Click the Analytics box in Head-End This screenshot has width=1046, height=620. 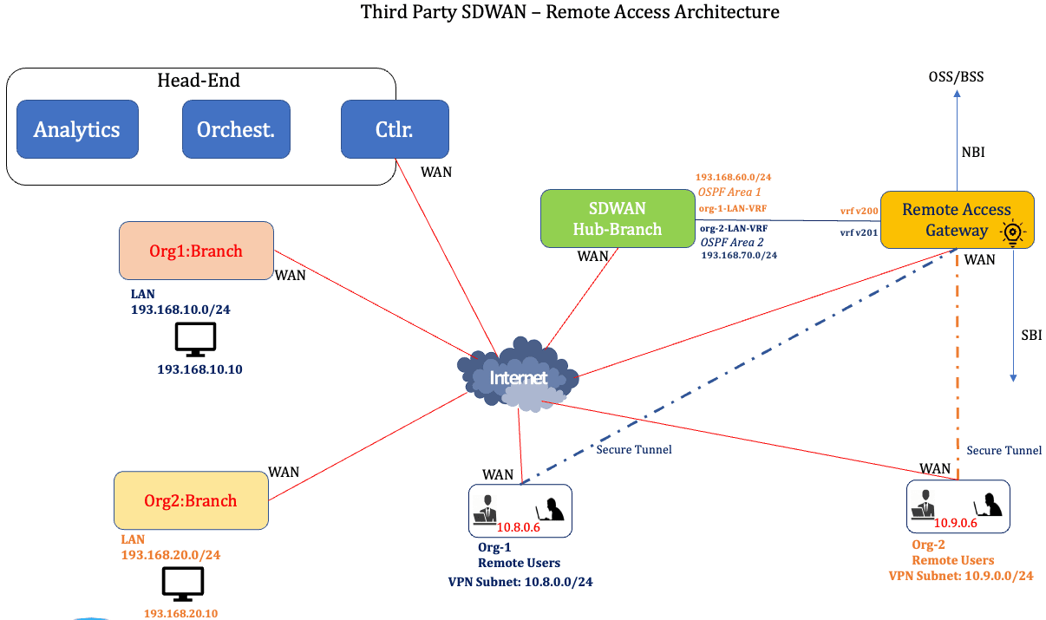click(x=77, y=129)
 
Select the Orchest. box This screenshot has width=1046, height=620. click(x=236, y=129)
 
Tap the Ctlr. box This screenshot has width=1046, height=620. click(x=395, y=129)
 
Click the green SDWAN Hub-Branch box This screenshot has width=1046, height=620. click(x=617, y=219)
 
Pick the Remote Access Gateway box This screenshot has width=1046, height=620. click(x=957, y=219)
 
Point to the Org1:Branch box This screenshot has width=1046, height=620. click(x=196, y=251)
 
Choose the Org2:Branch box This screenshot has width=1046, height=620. click(x=191, y=500)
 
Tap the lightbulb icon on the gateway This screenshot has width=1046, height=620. click(x=1011, y=232)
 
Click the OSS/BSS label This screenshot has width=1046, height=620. click(x=957, y=77)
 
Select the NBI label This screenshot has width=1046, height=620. click(x=972, y=153)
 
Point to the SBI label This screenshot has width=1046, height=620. click(x=1030, y=336)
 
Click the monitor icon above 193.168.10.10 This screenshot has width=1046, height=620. click(x=195, y=340)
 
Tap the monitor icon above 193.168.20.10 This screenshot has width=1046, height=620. click(x=183, y=584)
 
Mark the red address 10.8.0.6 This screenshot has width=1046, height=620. click(x=518, y=525)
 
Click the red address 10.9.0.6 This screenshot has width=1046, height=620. click(x=956, y=523)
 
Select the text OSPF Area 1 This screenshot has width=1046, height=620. click(x=729, y=192)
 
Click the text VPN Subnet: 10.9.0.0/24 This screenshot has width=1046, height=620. click(x=961, y=576)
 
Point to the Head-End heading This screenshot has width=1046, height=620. click(x=199, y=81)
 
